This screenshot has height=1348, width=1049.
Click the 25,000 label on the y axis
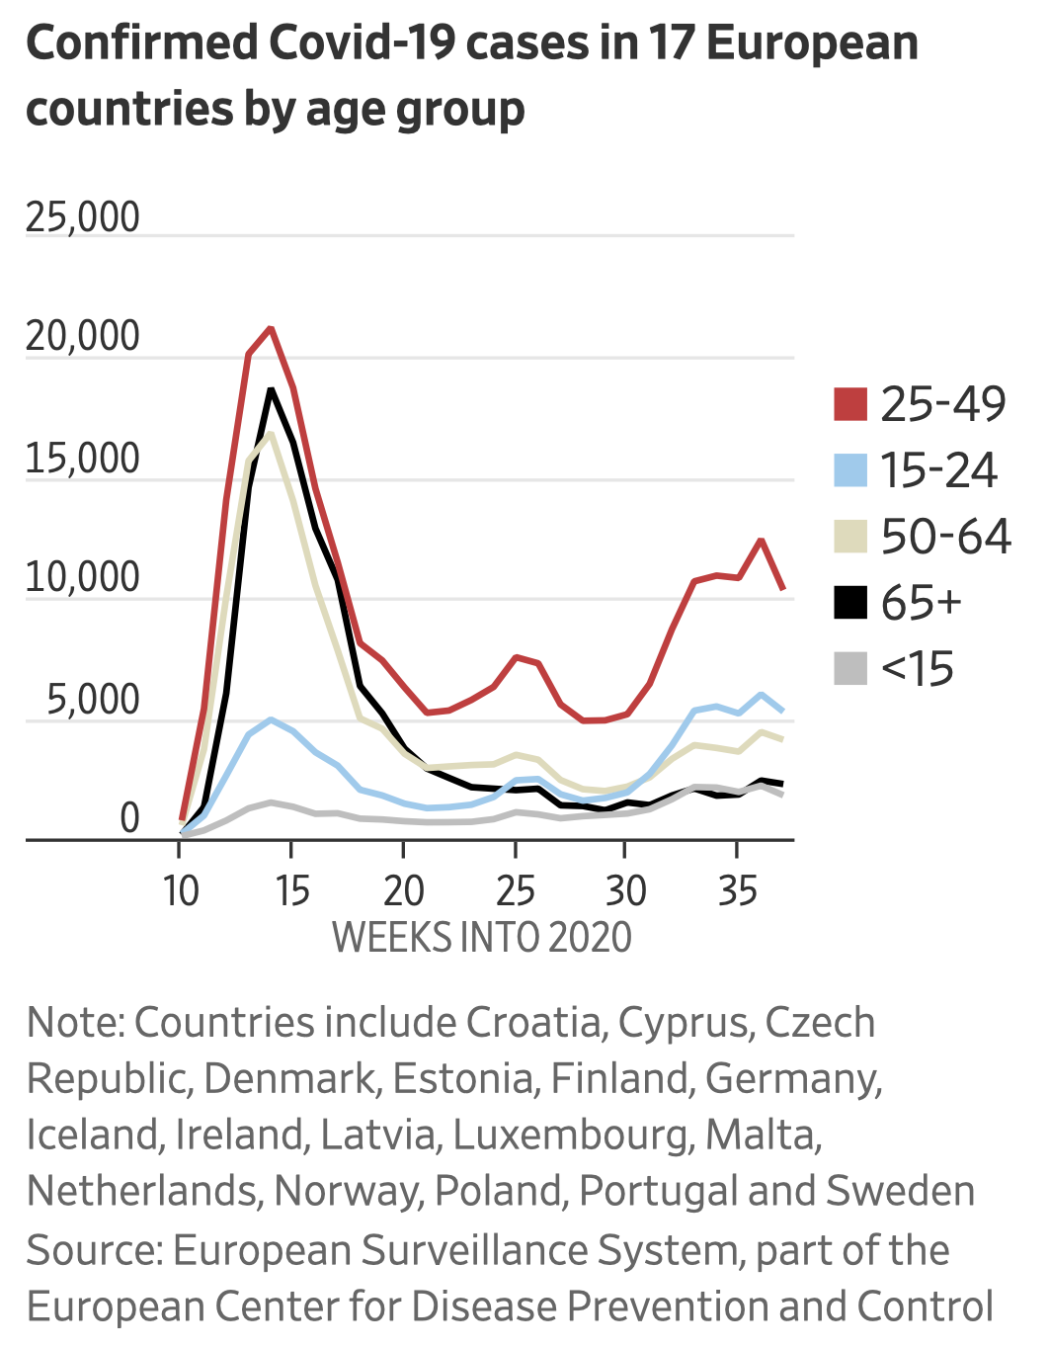(x=83, y=217)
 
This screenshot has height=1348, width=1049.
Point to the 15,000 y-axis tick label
(x=83, y=460)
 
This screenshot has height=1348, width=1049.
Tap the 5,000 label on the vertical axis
(x=93, y=701)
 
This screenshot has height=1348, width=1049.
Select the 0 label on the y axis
(x=129, y=818)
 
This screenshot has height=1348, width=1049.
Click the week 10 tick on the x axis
(x=181, y=890)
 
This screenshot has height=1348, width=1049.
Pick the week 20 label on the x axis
(x=403, y=890)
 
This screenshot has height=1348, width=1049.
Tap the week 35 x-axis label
(x=737, y=890)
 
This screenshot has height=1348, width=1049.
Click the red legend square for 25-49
(x=849, y=404)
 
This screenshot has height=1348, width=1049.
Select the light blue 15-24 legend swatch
(x=849, y=470)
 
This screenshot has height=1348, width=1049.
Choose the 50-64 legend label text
(x=945, y=537)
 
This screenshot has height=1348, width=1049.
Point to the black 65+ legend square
(x=849, y=603)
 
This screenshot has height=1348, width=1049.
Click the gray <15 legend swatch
(x=849, y=669)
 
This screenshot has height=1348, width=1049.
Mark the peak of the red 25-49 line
(x=271, y=328)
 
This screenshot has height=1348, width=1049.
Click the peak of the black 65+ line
(x=271, y=390)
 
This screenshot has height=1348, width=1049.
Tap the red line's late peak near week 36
(x=761, y=540)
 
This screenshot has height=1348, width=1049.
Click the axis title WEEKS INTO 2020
(x=482, y=937)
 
